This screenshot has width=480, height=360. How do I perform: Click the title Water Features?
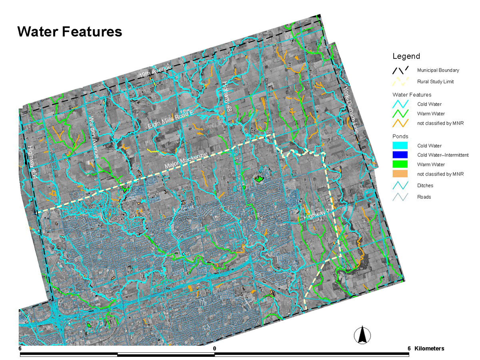70,32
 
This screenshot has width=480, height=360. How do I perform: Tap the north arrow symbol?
362,335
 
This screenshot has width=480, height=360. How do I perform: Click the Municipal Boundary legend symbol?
400,70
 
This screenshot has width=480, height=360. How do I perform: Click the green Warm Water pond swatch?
400,164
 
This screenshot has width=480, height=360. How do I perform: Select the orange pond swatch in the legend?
400,174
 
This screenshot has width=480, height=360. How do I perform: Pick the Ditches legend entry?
425,185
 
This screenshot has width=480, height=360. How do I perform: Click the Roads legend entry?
424,197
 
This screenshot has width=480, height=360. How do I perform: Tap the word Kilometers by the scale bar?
430,348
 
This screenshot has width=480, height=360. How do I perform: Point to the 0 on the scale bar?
215,348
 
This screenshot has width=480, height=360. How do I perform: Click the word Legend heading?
406,56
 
